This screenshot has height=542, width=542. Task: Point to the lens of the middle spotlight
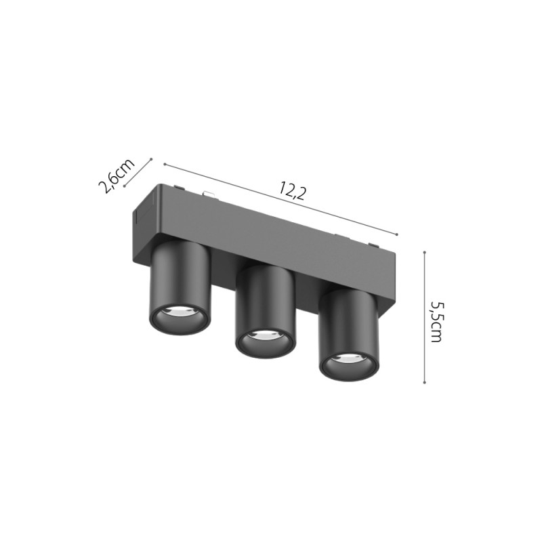coord(265,335)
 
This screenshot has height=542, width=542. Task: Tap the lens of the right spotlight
coord(348,360)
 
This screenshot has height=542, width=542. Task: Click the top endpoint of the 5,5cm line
coord(424,252)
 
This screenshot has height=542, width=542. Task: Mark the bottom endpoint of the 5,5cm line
coord(424,383)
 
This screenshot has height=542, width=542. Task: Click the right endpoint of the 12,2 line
coord(396,234)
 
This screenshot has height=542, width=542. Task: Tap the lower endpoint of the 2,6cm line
coord(124,185)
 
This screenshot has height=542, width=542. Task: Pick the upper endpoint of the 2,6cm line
coord(151,161)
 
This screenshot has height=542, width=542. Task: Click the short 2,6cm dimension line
coord(138,173)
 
